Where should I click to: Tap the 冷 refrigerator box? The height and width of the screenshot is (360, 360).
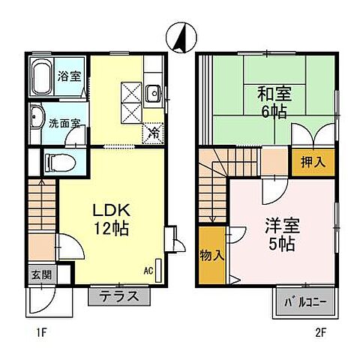[152, 134]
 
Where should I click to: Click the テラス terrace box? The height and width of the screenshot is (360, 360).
[115, 295]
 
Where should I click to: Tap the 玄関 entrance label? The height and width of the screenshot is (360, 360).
[41, 274]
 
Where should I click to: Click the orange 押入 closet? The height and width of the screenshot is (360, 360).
[308, 163]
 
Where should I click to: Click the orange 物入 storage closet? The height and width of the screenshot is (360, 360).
[211, 255]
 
